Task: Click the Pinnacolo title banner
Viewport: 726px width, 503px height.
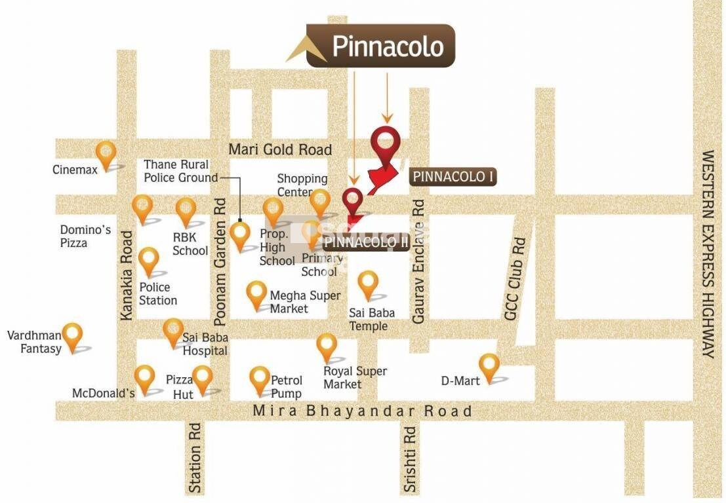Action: [x=380, y=47]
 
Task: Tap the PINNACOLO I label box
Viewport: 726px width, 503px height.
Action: [x=453, y=177]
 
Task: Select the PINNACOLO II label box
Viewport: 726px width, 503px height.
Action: [x=367, y=242]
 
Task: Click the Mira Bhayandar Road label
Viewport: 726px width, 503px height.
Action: [x=362, y=411]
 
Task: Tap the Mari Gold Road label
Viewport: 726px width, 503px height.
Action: [x=280, y=149]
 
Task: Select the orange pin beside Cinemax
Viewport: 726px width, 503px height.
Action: [x=106, y=155]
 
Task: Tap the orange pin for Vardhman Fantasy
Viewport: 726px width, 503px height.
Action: [x=72, y=335]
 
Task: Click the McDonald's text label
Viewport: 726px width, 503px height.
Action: [x=103, y=393]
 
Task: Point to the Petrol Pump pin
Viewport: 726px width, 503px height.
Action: [x=260, y=380]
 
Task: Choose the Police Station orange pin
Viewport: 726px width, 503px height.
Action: [x=149, y=261]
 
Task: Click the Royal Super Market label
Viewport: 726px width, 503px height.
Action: [x=355, y=377]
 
